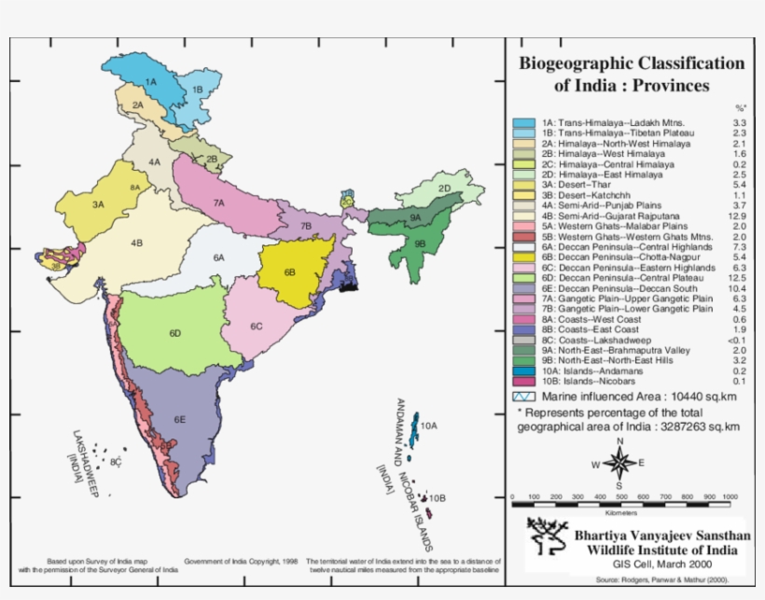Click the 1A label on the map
150,82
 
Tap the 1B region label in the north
197,90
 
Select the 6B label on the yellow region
289,272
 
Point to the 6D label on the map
174,333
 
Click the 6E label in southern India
179,420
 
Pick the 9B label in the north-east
420,243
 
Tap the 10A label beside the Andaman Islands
428,426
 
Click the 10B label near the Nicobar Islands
438,500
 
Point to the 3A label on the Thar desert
97,203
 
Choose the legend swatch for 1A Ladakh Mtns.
522,123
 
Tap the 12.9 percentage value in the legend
738,216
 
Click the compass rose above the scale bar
618,463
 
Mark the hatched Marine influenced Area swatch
522,396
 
